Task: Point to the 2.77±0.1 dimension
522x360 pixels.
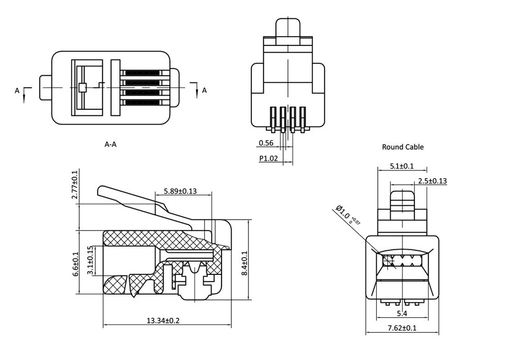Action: point(74,184)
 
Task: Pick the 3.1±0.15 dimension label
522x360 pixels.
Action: point(89,261)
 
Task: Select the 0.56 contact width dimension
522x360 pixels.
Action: point(265,143)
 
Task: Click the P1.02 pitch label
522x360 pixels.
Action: point(268,158)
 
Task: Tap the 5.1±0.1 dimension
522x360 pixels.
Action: point(402,166)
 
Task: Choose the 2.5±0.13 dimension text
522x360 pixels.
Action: point(432,181)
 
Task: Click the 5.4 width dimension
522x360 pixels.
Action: point(402,313)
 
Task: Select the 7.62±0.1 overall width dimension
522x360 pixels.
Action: point(402,328)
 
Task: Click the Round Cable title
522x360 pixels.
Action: point(402,147)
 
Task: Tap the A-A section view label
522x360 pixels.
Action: point(110,144)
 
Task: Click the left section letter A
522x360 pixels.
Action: point(17,91)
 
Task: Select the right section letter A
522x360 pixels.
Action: point(204,90)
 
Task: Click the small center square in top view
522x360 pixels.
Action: point(82,88)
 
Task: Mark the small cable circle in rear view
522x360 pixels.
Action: point(388,261)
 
